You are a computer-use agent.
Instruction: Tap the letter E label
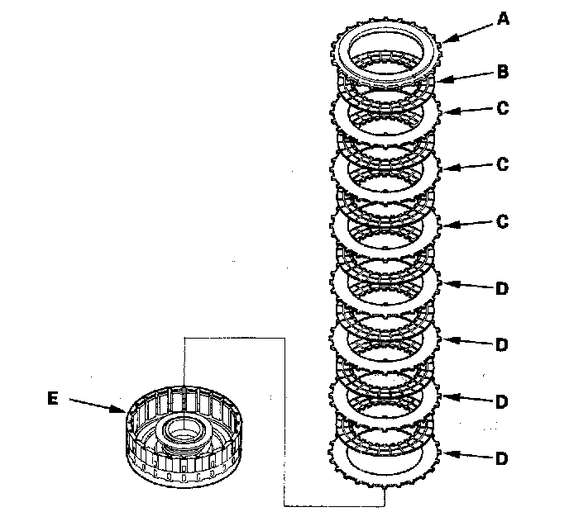click(x=53, y=398)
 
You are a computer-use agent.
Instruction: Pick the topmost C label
click(x=502, y=108)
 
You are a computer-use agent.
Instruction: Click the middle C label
click(x=502, y=165)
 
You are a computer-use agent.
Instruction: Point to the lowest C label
click(x=502, y=221)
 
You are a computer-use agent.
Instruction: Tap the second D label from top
click(x=502, y=344)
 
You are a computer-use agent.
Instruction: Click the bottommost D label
click(x=502, y=457)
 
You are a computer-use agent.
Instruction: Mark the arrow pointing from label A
click(x=467, y=29)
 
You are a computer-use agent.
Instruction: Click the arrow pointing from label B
click(x=467, y=75)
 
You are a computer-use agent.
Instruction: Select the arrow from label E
click(x=98, y=404)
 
